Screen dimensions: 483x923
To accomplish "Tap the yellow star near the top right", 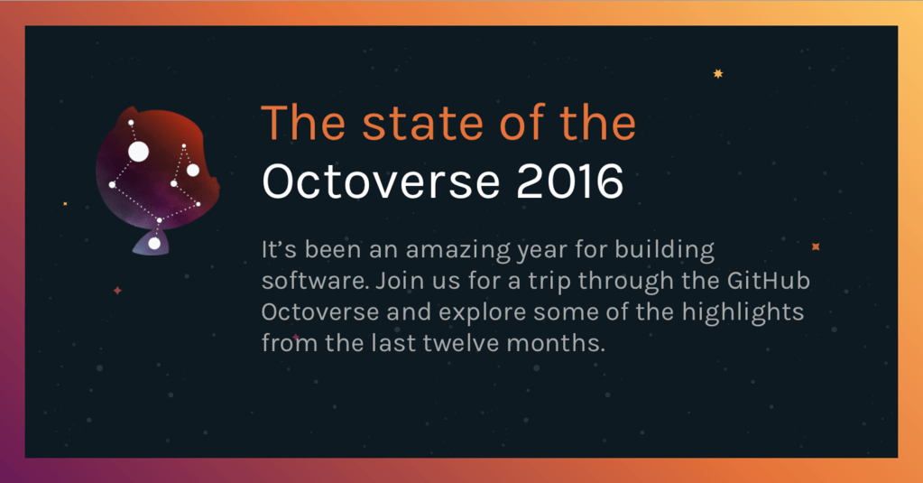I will (x=718, y=74).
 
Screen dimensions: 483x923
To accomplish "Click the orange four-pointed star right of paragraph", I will (x=816, y=246).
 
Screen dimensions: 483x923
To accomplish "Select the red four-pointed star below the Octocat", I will (x=116, y=291).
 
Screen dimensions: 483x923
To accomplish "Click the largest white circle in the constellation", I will (x=138, y=152).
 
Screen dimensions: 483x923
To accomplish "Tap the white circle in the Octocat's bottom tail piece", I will (x=154, y=244).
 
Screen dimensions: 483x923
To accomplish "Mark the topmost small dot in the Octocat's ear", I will (x=131, y=122).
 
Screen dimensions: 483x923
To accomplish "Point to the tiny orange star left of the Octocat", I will (x=65, y=204).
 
